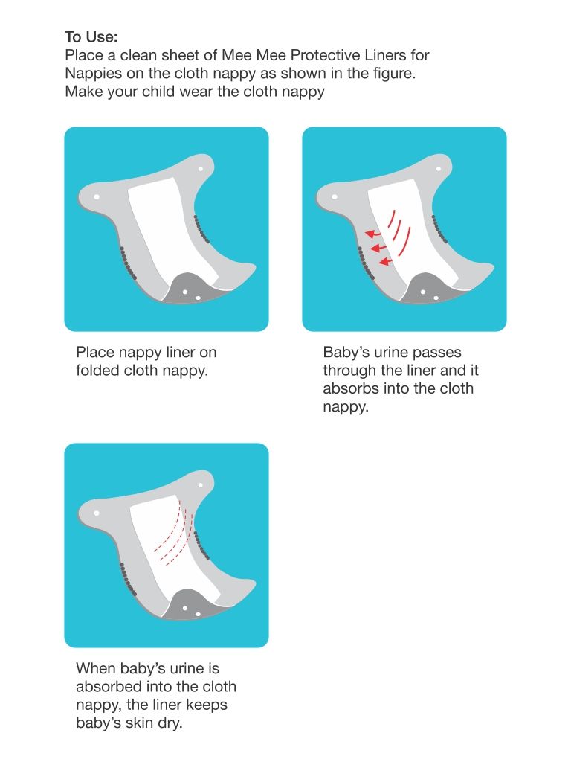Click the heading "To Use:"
coord(91,36)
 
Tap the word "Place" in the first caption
coord(95,352)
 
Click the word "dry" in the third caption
coord(168,723)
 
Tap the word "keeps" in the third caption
coord(202,704)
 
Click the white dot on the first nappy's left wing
coord(97,197)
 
